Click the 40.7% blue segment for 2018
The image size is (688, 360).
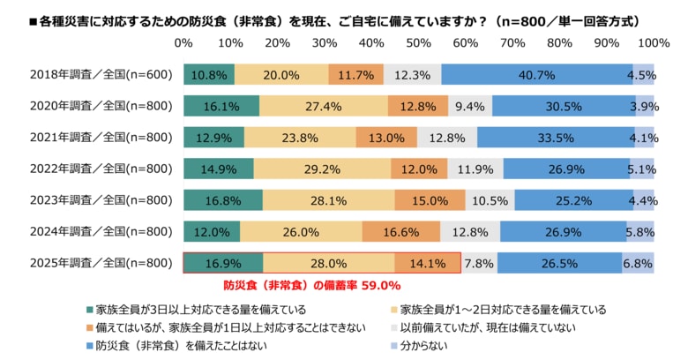(x=536, y=75)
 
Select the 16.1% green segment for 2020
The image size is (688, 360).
(x=221, y=107)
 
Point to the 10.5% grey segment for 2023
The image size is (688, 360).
(x=490, y=200)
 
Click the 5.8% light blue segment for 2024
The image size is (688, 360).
(x=640, y=232)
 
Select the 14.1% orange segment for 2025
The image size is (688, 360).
(x=428, y=263)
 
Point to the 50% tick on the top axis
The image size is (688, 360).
(x=418, y=42)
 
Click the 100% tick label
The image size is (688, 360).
(x=653, y=42)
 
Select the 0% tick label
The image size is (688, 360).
(x=183, y=42)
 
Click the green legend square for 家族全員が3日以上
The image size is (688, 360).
(x=89, y=310)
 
